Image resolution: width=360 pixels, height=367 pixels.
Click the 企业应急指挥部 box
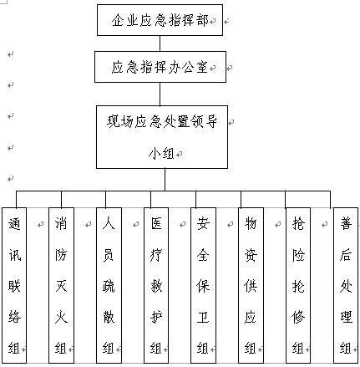(x=160, y=20)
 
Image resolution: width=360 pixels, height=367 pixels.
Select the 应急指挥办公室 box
(x=160, y=67)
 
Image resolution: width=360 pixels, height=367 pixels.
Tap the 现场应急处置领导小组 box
(x=162, y=137)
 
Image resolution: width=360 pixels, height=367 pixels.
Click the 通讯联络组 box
(x=14, y=285)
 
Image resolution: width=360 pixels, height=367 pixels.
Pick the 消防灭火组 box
(x=61, y=285)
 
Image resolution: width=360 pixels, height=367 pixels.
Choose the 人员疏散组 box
(x=109, y=285)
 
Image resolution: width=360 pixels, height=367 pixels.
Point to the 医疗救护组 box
(x=156, y=285)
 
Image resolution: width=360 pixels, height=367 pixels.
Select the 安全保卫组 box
(x=203, y=285)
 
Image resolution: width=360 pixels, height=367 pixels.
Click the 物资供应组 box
(x=251, y=285)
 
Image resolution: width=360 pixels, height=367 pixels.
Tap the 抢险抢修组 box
(x=298, y=285)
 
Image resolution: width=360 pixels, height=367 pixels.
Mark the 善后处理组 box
(x=346, y=285)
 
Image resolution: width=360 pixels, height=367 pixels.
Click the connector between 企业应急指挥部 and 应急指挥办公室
(x=160, y=43)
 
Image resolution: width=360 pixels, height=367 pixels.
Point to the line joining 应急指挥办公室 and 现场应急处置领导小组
(x=160, y=94)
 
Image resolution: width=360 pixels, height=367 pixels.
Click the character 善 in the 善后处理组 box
(x=346, y=224)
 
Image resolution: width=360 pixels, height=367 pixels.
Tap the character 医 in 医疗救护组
(x=156, y=224)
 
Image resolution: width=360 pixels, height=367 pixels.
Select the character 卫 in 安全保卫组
(x=203, y=317)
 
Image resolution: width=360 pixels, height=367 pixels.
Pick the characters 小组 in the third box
(x=161, y=154)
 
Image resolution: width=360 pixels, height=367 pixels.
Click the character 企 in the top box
(x=118, y=20)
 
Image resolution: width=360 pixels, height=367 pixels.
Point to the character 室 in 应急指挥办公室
(x=202, y=67)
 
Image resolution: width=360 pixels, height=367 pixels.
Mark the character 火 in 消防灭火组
(x=61, y=317)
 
